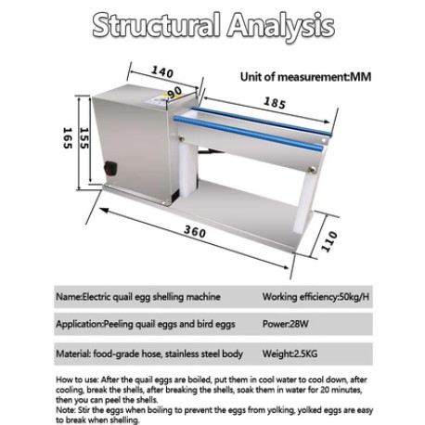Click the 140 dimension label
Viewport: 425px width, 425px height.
[x=162, y=71]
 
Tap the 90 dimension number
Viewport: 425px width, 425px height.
[x=174, y=92]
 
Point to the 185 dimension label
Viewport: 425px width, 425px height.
[x=275, y=103]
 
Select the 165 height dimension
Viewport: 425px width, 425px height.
[x=68, y=138]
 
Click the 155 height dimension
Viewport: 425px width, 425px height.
[x=84, y=138]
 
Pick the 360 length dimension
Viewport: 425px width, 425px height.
[x=195, y=231]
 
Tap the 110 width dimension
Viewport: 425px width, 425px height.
[x=328, y=241]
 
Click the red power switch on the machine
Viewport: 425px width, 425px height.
[x=110, y=169]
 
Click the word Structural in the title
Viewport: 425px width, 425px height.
[x=157, y=25]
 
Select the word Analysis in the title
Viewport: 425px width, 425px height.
[x=281, y=27]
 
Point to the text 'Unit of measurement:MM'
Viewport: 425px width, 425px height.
[x=305, y=77]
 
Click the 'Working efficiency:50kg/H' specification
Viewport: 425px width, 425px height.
[x=316, y=297]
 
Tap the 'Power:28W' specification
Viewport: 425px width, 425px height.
[x=286, y=324]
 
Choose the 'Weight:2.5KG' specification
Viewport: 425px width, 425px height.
[x=290, y=354]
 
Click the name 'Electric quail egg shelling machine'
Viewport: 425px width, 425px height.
[x=151, y=297]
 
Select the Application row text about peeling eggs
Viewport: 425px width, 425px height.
[x=146, y=324]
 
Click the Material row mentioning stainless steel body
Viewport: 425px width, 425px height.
[x=149, y=354]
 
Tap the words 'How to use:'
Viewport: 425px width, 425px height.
[x=77, y=380]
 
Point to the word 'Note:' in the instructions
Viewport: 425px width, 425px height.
[x=66, y=410]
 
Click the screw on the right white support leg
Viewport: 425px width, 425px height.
[x=313, y=169]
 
